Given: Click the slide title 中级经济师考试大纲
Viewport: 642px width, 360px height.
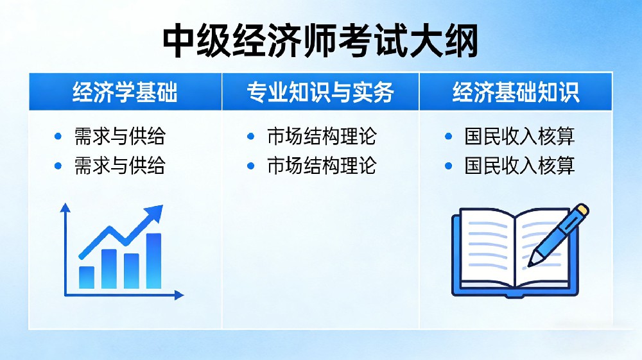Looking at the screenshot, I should [x=320, y=42].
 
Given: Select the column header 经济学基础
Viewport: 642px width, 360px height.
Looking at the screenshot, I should [x=125, y=92].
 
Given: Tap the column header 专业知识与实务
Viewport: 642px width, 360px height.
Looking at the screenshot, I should [x=320, y=92].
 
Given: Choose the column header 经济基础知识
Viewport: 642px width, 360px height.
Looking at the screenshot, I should [x=516, y=92].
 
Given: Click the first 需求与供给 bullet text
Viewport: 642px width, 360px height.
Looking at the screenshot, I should [x=119, y=136].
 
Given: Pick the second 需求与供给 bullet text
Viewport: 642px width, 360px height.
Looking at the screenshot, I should [x=119, y=166].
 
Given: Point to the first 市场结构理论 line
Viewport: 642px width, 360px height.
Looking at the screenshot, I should [x=321, y=136].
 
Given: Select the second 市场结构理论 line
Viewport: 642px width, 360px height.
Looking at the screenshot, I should [x=321, y=166].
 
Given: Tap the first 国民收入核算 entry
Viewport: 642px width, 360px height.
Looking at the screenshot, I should [x=519, y=136].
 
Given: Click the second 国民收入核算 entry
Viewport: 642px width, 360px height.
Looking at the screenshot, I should [x=519, y=166].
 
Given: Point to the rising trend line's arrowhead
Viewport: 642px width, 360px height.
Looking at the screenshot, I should [x=155, y=212].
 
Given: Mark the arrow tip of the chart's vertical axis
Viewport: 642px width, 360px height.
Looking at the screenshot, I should [x=65, y=207].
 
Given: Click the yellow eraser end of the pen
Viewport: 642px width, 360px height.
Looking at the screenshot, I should [x=582, y=210].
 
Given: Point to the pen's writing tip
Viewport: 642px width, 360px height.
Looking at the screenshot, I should [x=531, y=263].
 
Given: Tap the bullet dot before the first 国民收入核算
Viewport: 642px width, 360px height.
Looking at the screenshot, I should [x=449, y=136].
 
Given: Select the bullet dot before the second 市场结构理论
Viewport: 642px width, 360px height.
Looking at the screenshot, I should [x=251, y=166].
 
